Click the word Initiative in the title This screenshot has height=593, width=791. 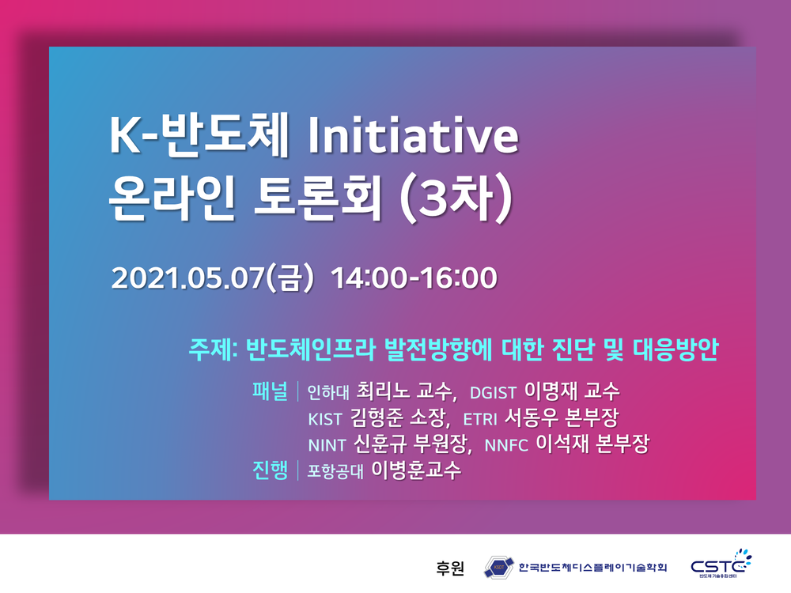click(413, 135)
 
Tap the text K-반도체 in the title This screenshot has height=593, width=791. click(199, 135)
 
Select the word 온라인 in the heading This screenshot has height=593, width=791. click(172, 197)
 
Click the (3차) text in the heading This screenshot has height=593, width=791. click(456, 198)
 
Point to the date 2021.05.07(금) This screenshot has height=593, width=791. click(212, 278)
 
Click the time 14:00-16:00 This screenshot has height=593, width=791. click(414, 278)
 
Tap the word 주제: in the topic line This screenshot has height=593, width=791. click(213, 349)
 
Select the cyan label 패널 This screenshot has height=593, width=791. click(270, 391)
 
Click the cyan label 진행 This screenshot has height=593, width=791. click(270, 470)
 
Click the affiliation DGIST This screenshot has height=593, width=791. click(493, 393)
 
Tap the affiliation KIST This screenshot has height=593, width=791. click(325, 419)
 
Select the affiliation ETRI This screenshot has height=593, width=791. click(480, 419)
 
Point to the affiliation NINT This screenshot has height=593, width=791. click(327, 445)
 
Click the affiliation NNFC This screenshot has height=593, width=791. click(506, 445)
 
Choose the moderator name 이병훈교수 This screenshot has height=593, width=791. click(416, 470)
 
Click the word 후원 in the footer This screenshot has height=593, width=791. click(449, 568)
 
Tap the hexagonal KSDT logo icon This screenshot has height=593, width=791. click(498, 567)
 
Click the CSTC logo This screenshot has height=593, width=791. click(721, 564)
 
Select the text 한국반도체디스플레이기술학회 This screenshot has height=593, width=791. click(592, 568)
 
